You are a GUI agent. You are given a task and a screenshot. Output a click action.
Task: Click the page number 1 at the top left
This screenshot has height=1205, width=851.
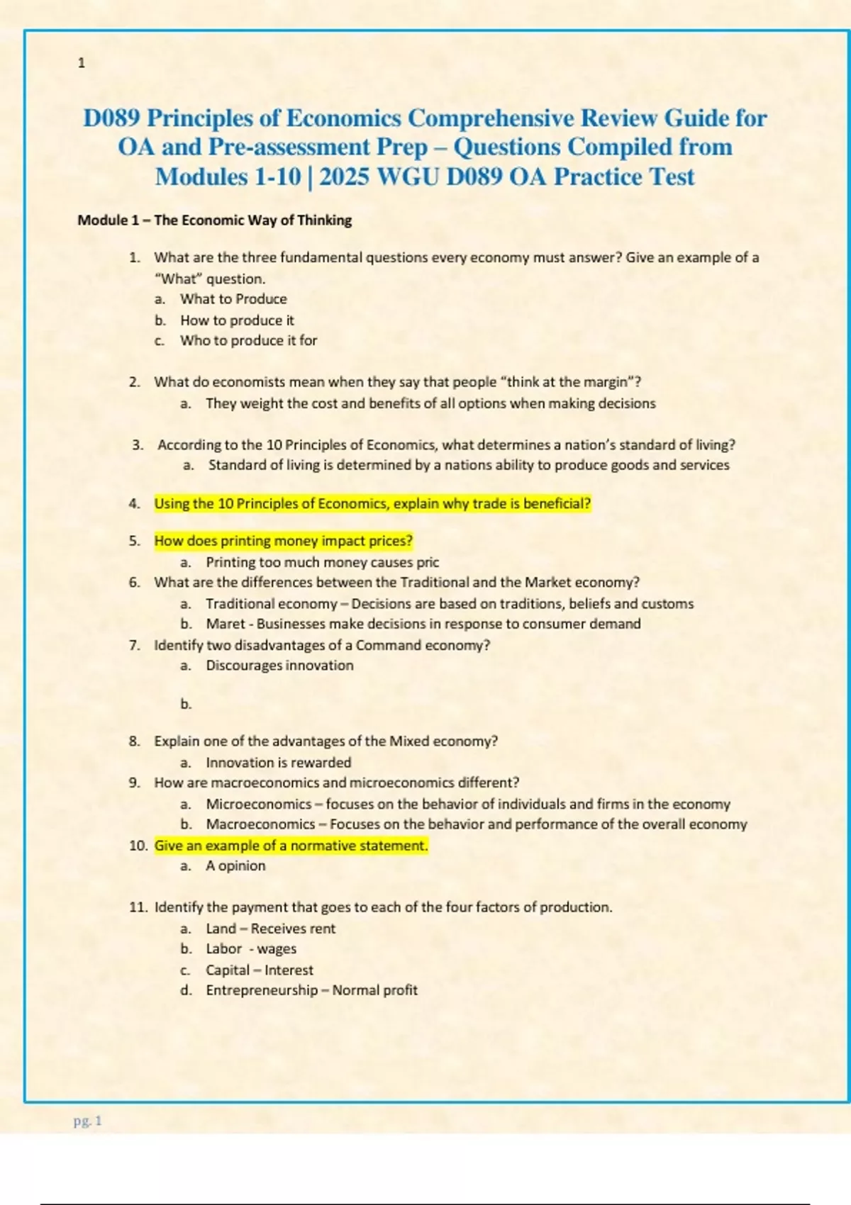81,63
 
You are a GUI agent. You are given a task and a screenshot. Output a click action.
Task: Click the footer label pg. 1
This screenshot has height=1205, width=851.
88,1121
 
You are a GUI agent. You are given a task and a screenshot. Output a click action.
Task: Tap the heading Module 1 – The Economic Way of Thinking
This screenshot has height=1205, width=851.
214,220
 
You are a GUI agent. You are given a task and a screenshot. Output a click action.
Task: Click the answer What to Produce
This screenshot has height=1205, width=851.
233,299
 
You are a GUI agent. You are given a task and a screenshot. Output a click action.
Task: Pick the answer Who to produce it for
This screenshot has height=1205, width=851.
248,340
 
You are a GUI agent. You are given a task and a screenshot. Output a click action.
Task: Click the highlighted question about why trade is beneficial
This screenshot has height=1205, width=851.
372,504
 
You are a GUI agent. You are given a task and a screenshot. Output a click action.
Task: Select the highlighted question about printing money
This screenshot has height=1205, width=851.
283,541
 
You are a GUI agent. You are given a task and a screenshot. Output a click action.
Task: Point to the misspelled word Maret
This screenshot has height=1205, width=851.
225,624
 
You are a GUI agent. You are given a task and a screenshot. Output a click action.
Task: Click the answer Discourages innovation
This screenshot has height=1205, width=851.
279,666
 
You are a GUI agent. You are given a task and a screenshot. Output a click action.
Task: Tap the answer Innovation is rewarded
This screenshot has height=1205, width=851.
278,763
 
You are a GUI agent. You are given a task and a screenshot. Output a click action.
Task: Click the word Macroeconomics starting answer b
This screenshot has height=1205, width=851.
260,824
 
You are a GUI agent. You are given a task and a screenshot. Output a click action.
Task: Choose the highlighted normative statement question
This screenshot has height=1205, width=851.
291,846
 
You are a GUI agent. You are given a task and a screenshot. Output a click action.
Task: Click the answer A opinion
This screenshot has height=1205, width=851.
235,866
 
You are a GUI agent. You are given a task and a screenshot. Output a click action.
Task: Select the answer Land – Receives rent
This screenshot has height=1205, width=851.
270,929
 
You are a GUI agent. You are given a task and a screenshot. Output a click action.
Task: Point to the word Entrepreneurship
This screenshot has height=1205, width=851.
262,990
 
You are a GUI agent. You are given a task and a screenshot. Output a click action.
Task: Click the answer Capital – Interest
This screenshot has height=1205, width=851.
259,970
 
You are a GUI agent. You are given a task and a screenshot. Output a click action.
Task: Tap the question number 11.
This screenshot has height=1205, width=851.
138,907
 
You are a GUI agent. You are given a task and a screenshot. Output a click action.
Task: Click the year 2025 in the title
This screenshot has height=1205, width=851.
344,176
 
